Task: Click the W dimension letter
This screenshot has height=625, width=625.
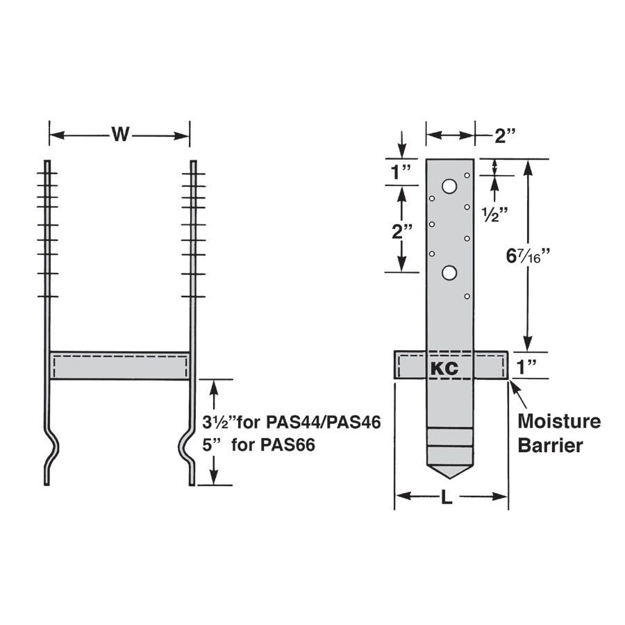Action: point(120,134)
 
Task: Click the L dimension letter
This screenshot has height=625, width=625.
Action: point(447,497)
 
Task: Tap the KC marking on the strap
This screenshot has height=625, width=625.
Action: point(444,368)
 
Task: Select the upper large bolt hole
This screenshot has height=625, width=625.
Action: point(449,186)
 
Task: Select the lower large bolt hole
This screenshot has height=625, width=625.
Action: point(449,273)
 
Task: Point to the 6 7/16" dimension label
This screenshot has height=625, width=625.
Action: point(528,256)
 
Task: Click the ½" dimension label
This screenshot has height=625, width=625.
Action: point(494,215)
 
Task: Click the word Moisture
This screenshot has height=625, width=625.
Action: point(559,422)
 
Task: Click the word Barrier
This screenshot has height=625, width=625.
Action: point(550,445)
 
